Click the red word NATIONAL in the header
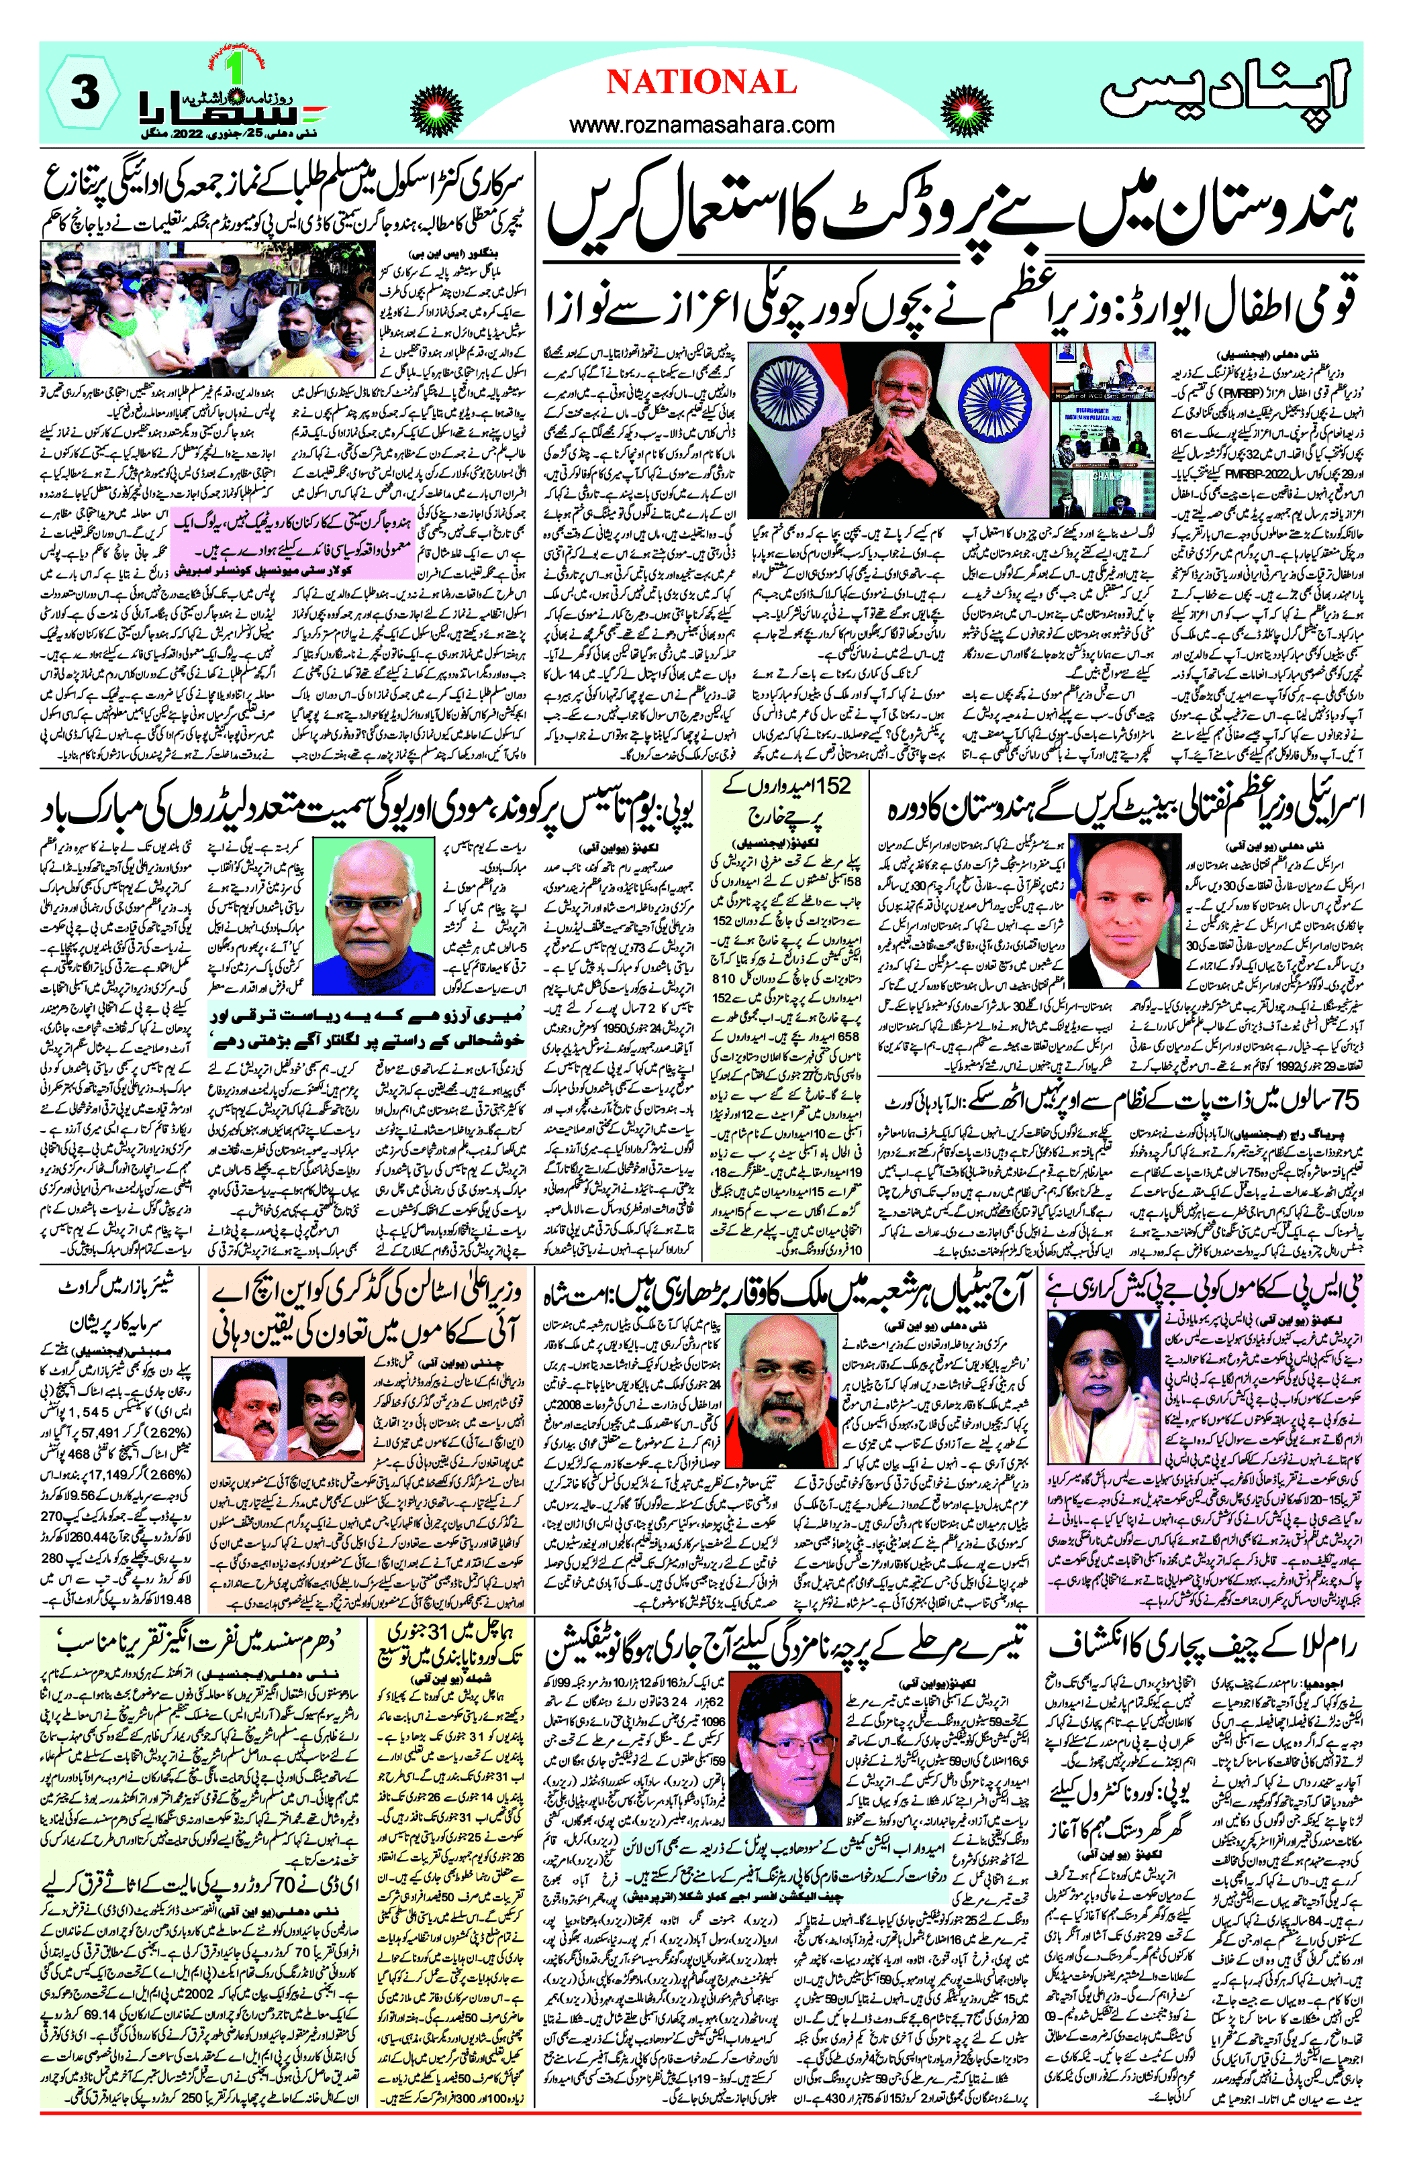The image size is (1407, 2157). [x=701, y=83]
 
